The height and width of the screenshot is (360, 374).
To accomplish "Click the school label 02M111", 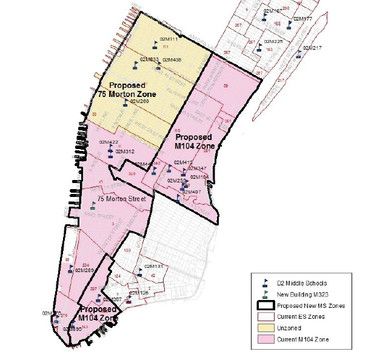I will click(x=169, y=39).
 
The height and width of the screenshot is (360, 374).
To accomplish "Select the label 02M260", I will click(x=139, y=101).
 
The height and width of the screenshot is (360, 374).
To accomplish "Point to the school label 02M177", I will click(x=302, y=19).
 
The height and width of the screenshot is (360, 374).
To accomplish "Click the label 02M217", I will click(x=312, y=48).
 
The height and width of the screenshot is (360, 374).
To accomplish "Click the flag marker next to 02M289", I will click(x=70, y=267).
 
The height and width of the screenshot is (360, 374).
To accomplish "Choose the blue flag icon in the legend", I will click(x=264, y=283).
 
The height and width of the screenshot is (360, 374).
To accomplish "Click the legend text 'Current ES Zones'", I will click(x=301, y=316).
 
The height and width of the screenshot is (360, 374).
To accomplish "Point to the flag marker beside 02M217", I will click(x=298, y=55).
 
